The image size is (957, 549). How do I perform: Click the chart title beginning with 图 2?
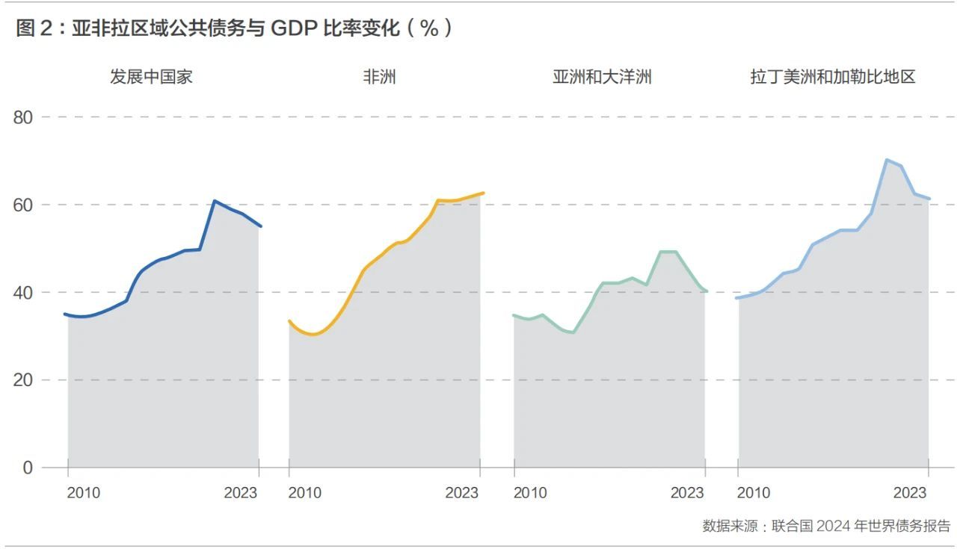point(234,28)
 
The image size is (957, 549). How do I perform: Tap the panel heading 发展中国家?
point(151,77)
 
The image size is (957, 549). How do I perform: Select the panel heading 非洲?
point(379,77)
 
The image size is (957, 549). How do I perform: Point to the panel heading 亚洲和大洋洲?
point(602,77)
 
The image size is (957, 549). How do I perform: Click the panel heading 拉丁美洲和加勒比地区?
point(833,77)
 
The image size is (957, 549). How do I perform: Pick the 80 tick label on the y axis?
point(23,117)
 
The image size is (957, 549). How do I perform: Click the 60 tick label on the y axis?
point(23,205)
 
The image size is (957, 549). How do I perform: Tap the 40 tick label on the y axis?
point(23,293)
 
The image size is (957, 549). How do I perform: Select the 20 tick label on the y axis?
point(23,380)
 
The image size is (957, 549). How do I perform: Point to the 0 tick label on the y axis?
point(28,468)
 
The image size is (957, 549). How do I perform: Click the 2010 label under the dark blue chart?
point(83,493)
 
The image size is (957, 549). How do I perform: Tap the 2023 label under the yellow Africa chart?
point(462,493)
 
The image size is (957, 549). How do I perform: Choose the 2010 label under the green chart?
point(530,493)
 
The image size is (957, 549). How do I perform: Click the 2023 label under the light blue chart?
point(910,493)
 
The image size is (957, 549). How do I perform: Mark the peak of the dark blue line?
point(214,201)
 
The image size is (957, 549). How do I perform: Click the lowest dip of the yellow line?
point(313,335)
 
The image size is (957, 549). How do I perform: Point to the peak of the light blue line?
point(887,160)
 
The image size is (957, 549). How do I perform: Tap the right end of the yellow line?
point(483,193)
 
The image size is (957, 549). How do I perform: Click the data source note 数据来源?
point(826,526)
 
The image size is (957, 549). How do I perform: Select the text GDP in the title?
point(294,28)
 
